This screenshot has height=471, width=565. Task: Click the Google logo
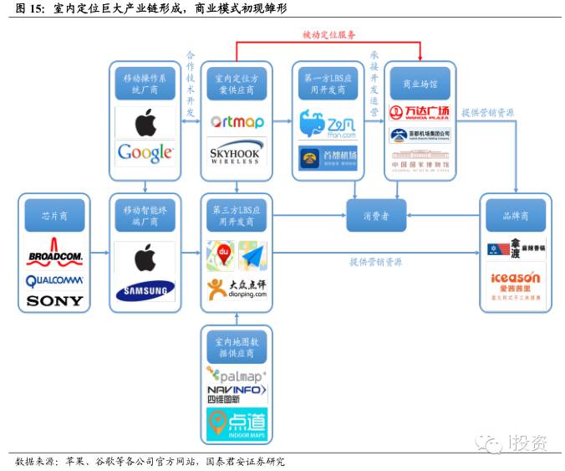pyautogui.click(x=145, y=151)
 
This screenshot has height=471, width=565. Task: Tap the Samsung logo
pyautogui.click(x=145, y=290)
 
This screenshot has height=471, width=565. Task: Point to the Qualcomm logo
pyautogui.click(x=55, y=280)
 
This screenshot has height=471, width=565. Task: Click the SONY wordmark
pyautogui.click(x=55, y=300)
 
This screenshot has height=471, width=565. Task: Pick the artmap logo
pyautogui.click(x=237, y=121)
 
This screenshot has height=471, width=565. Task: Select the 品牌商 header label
pyautogui.click(x=516, y=215)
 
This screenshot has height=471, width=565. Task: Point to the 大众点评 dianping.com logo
pyautogui.click(x=237, y=289)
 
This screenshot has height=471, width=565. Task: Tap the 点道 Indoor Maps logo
pyautogui.click(x=237, y=422)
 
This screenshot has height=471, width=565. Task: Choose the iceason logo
pyautogui.click(x=516, y=281)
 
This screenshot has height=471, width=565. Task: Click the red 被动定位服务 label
pyautogui.click(x=328, y=35)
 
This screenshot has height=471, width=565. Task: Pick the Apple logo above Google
pyautogui.click(x=145, y=122)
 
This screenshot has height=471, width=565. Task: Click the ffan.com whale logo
pyautogui.click(x=328, y=125)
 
